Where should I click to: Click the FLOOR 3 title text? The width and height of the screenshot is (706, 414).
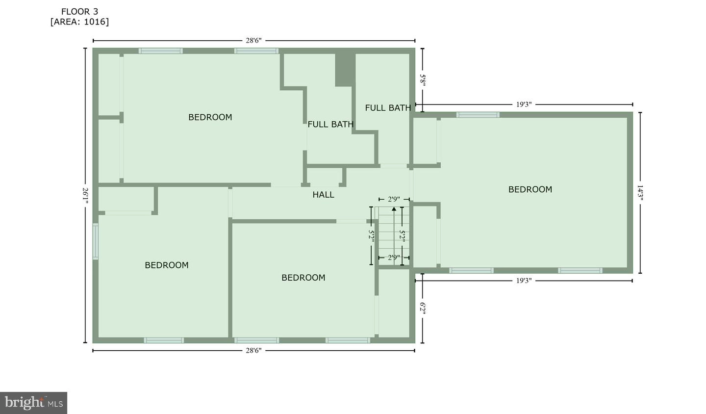pyautogui.click(x=80, y=12)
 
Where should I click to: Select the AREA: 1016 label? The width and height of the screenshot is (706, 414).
pyautogui.click(x=80, y=22)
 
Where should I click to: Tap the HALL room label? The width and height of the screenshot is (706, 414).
pyautogui.click(x=324, y=195)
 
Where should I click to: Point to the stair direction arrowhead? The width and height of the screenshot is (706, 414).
pyautogui.click(x=394, y=209)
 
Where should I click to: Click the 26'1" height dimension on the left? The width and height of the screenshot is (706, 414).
pyautogui.click(x=85, y=196)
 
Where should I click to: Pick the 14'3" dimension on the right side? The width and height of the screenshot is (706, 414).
pyautogui.click(x=640, y=193)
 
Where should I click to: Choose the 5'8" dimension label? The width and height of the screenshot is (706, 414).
pyautogui.click(x=423, y=80)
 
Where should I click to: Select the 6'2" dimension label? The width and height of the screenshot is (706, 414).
pyautogui.click(x=423, y=309)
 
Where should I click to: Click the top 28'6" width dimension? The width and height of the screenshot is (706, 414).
pyautogui.click(x=254, y=41)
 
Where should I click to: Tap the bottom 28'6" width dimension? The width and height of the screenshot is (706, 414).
pyautogui.click(x=254, y=351)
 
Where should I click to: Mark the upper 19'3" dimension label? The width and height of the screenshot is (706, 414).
pyautogui.click(x=524, y=104)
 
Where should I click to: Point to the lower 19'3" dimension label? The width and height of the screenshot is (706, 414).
pyautogui.click(x=524, y=281)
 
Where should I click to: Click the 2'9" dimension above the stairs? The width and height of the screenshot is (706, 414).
pyautogui.click(x=394, y=199)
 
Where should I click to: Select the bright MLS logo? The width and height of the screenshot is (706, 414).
pyautogui.click(x=33, y=403)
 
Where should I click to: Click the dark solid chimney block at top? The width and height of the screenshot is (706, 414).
pyautogui.click(x=345, y=70)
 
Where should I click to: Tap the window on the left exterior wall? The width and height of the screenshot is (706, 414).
pyautogui.click(x=95, y=241)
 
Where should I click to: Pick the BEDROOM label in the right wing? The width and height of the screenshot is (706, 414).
pyautogui.click(x=530, y=189)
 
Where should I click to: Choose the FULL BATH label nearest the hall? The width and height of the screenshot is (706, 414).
pyautogui.click(x=330, y=125)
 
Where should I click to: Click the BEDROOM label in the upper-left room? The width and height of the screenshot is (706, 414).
pyautogui.click(x=210, y=117)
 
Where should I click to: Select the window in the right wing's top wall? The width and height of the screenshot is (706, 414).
pyautogui.click(x=478, y=115)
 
